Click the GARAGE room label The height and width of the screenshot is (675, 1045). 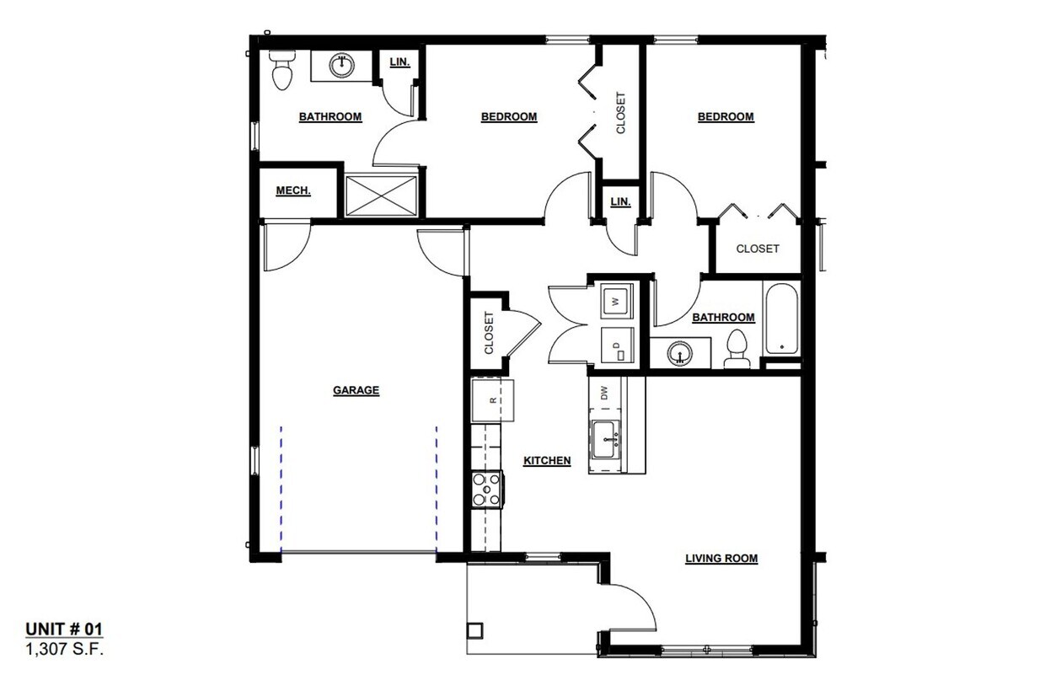point(356,390)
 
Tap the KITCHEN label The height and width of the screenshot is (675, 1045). point(547,461)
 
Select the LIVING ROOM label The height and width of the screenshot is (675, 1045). point(721,558)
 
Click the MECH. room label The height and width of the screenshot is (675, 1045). point(293,191)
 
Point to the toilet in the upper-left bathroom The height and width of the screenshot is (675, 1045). point(281,69)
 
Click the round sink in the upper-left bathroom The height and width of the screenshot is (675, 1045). point(341,65)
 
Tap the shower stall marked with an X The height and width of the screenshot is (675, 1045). point(382,195)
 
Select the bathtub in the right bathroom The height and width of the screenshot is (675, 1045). point(781,320)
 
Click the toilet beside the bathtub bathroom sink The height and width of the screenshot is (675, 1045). point(737,348)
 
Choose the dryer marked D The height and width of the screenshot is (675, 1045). point(616,346)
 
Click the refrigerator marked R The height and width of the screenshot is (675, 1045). point(493,400)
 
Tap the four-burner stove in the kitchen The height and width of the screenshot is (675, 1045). point(487,489)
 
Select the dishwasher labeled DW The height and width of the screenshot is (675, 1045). point(604,392)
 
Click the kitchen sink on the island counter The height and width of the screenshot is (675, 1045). point(607,439)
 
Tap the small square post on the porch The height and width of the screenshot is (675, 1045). point(475,629)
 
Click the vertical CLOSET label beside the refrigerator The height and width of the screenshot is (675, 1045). point(488,333)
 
